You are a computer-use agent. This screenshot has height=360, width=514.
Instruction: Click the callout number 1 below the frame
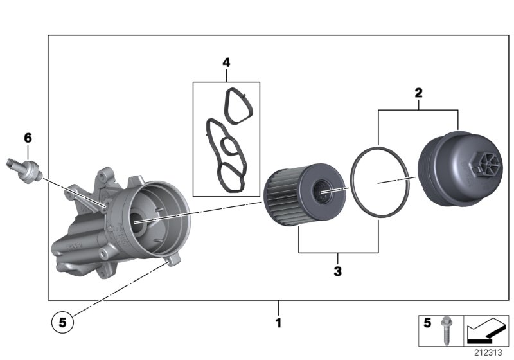click(x=278, y=321)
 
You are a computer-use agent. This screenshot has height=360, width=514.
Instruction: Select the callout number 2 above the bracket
click(x=418, y=93)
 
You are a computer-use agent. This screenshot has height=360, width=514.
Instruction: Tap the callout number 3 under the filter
click(x=337, y=271)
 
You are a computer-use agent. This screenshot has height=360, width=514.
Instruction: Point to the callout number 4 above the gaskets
click(x=226, y=62)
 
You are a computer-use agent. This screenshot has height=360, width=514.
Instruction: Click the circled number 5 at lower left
click(x=62, y=324)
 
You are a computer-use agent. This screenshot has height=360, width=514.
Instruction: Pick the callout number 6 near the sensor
click(x=28, y=138)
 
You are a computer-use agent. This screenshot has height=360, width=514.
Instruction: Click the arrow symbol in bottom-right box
click(x=484, y=332)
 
